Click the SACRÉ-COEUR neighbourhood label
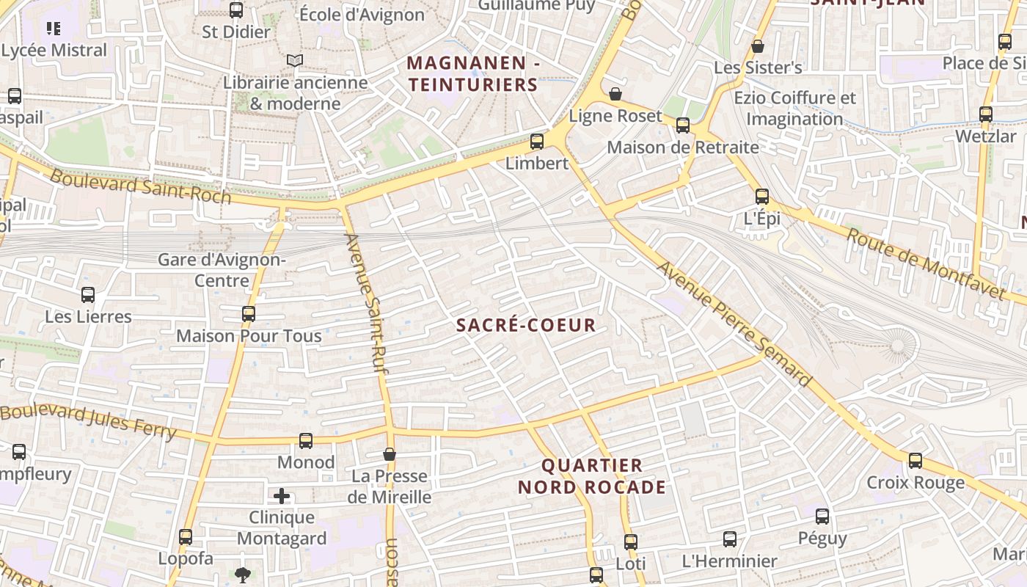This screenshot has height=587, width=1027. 526,325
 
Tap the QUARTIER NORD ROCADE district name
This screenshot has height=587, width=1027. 592,476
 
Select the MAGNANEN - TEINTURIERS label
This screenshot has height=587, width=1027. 473,73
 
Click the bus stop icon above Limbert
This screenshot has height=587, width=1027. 537,142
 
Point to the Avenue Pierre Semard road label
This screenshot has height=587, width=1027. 734,324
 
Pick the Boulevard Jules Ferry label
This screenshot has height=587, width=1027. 88,422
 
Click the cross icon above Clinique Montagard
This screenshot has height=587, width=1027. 282,497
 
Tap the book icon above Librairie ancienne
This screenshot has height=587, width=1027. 295,60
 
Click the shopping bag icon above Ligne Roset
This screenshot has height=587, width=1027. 615,94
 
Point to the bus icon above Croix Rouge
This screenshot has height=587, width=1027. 915,461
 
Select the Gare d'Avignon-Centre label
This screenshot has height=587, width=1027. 222,270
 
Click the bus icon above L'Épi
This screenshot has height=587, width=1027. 762,197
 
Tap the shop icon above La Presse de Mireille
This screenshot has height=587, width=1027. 390,455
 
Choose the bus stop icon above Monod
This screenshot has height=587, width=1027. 306,441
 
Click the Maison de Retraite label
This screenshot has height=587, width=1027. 683,147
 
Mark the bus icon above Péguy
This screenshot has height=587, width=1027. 822,517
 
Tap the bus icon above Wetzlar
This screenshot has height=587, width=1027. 986,114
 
